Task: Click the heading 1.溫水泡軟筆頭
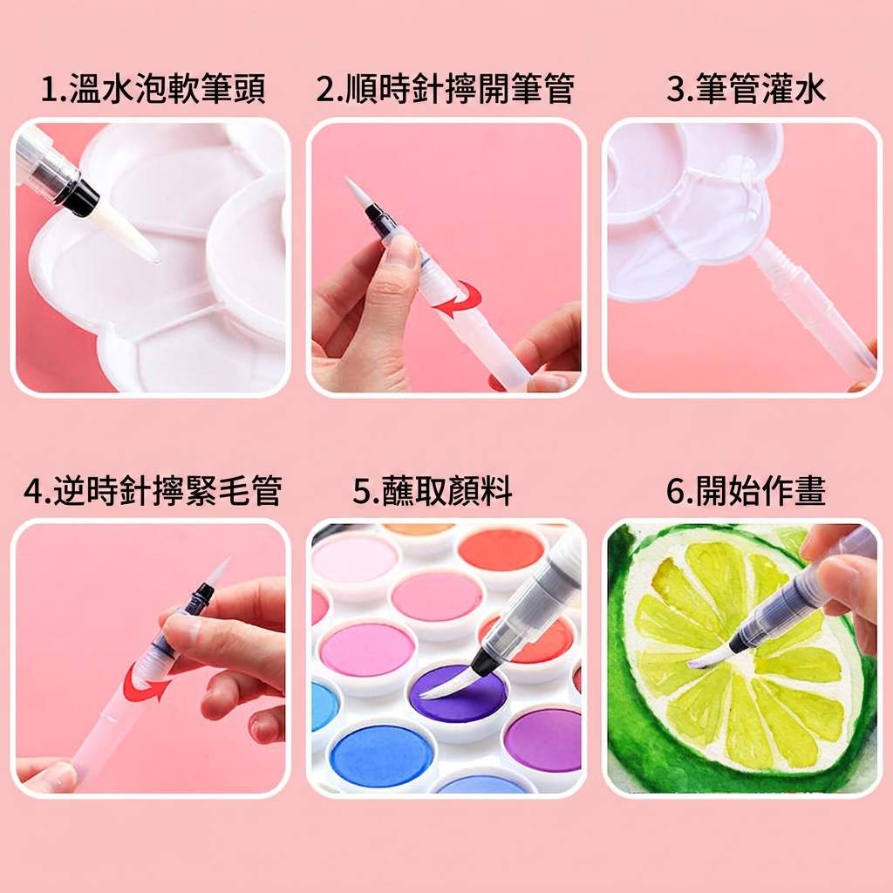153,90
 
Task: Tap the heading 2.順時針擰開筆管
446,90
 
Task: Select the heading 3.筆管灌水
746,90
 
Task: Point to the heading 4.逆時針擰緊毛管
153,490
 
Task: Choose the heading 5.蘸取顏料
433,490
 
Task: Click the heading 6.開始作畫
746,490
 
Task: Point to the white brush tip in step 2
356,194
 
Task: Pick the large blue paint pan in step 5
382,755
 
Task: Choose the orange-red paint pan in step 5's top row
501,549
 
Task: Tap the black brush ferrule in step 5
483,660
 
